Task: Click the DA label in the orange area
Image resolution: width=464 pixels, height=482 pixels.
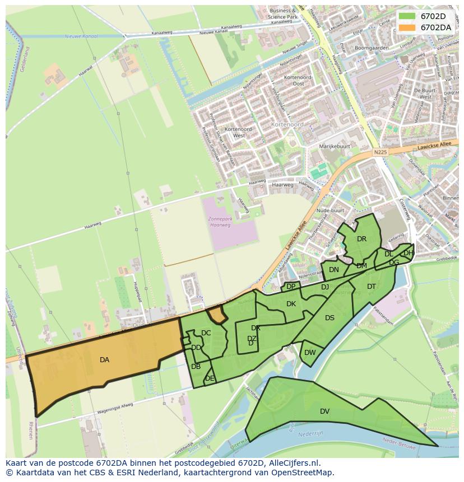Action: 104,360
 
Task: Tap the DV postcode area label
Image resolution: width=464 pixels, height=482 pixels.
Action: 324,411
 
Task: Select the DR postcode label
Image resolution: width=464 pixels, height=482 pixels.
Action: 361,239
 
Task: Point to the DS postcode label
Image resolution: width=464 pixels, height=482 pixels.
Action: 330,318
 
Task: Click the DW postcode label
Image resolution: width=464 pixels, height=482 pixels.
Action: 310,353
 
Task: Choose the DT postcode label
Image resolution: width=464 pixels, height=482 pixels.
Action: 372,287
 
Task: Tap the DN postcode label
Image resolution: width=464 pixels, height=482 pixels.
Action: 334,270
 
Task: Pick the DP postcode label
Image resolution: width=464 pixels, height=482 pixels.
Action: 291,287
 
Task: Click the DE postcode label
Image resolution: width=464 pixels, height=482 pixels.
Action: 210,378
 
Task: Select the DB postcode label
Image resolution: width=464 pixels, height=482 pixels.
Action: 196,367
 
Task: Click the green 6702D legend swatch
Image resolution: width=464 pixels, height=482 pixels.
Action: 407,16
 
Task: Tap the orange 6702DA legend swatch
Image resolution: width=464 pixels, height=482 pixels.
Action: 407,27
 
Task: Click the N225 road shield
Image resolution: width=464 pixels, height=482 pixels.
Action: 380,152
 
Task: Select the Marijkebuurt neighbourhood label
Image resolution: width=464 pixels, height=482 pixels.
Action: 335,146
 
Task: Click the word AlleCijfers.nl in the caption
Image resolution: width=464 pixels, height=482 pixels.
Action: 292,463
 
